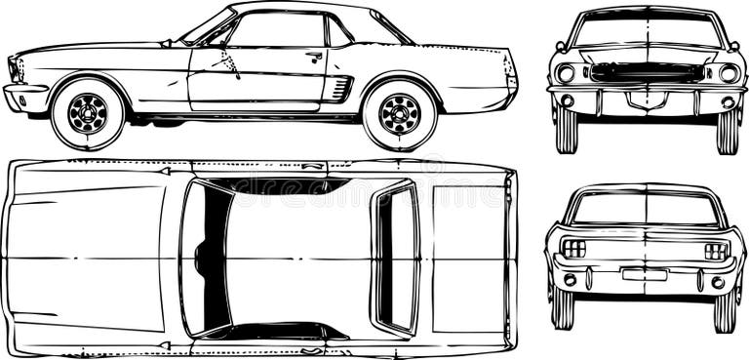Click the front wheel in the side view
pos(88,113)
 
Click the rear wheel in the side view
pos(399,113)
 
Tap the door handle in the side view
pos(314,57)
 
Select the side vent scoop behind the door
pos(338,89)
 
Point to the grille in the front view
pos(646,72)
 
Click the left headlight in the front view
pos(566,73)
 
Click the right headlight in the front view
pos(728,73)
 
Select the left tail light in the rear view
pos(574,249)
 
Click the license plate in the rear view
pos(645,275)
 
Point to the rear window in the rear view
pos(645,207)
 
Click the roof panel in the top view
pos(297,258)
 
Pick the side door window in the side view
pos(276,31)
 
